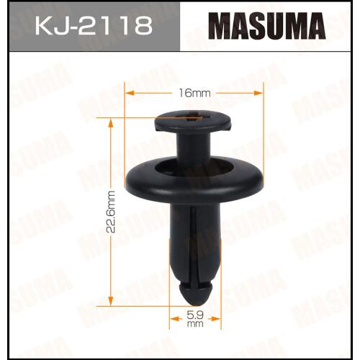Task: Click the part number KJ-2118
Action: tap(94, 26)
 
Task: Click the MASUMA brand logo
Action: tap(267, 26)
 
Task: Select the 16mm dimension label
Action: tap(194, 93)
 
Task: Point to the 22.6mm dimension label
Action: tap(111, 212)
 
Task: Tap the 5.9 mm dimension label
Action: tap(195, 319)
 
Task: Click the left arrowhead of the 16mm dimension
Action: tap(130, 93)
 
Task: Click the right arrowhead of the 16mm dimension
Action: tap(258, 93)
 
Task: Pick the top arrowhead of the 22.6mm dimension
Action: tap(111, 123)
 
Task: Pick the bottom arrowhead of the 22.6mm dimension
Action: tap(111, 301)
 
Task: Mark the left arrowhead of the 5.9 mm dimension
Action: tap(174, 319)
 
